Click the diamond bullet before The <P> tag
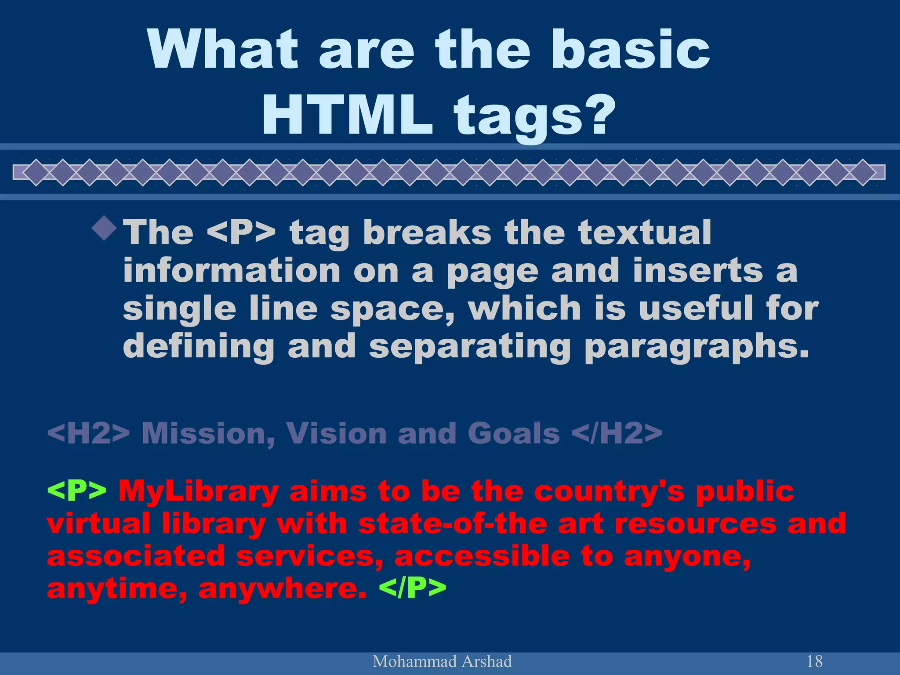[105, 228]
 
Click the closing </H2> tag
[617, 433]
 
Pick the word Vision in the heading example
[337, 433]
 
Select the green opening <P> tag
[76, 491]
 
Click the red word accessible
[482, 556]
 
